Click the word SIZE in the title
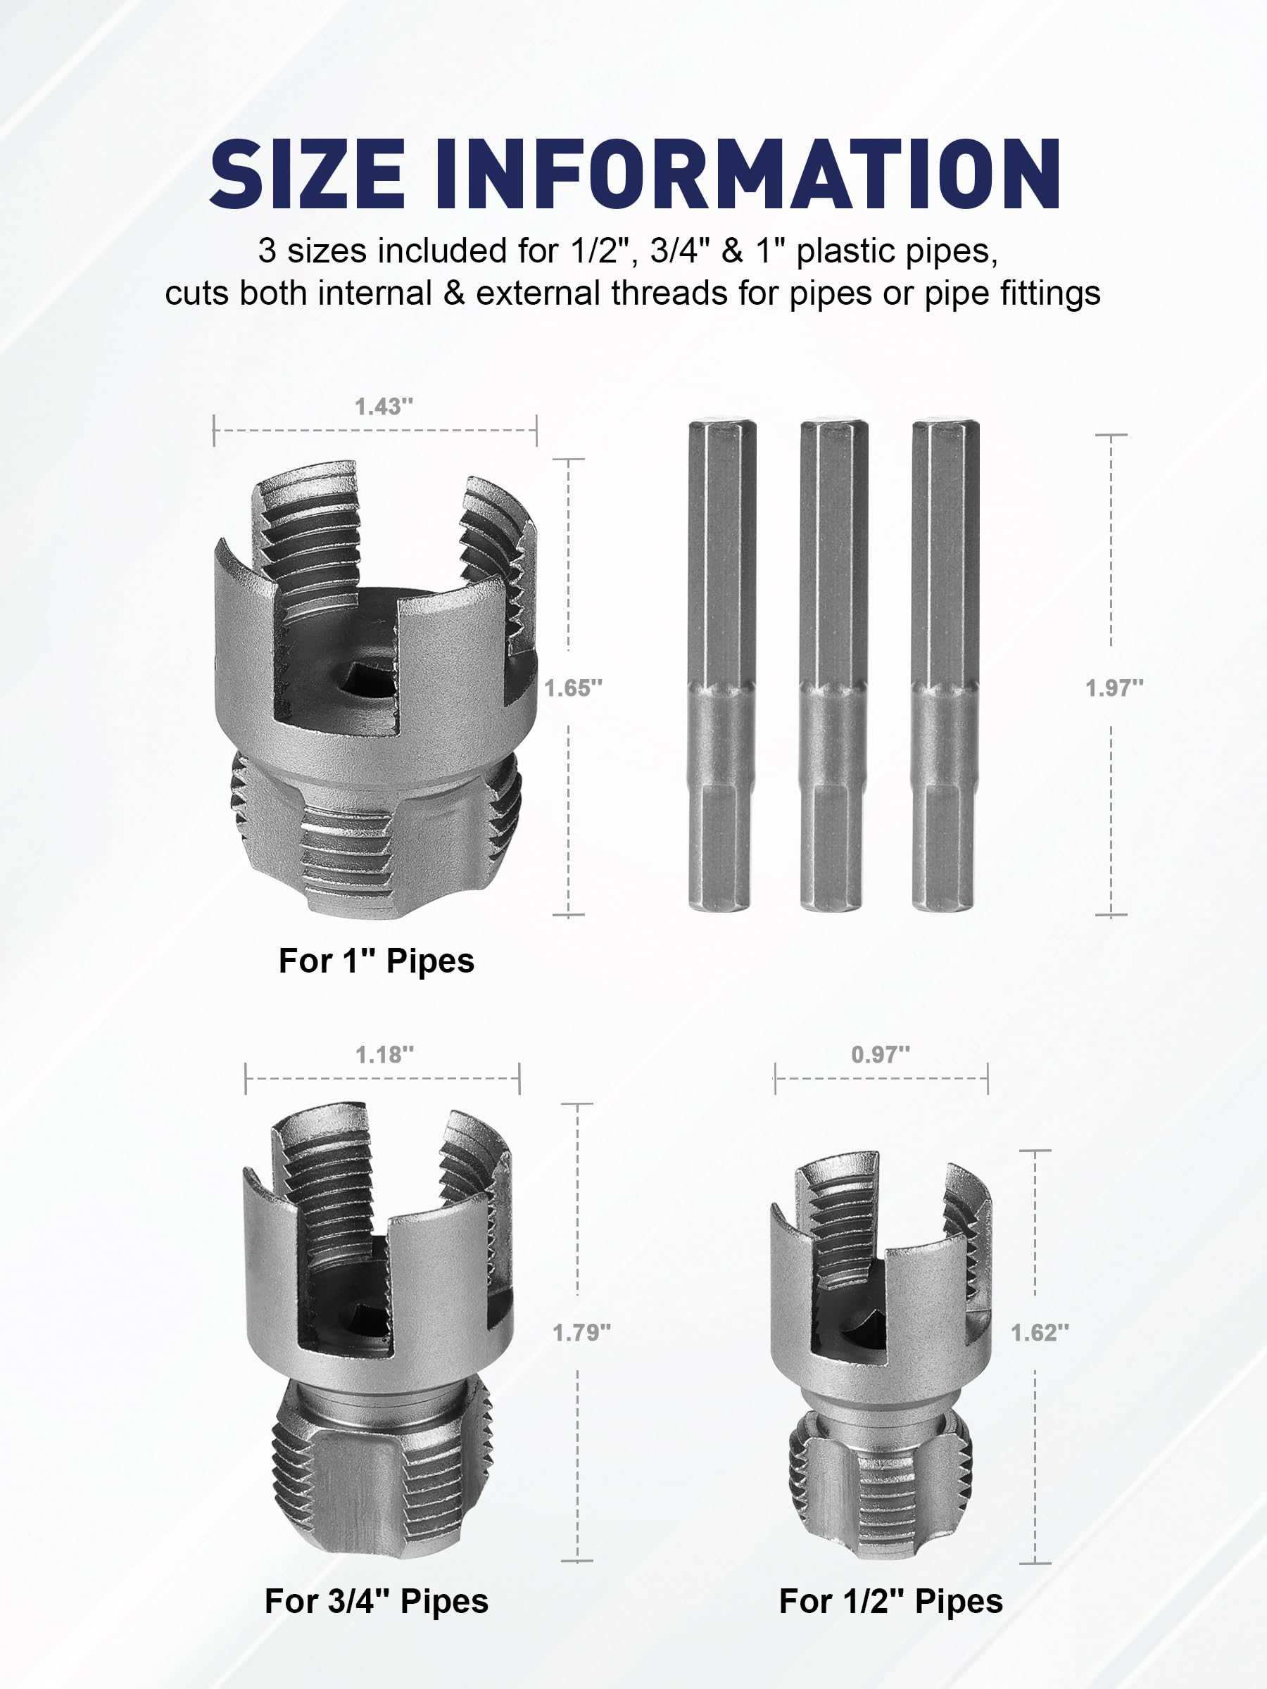tap(307, 174)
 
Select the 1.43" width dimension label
tap(384, 406)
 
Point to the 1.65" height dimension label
tap(573, 688)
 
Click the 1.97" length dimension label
tap(1114, 688)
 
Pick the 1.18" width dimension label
tap(384, 1054)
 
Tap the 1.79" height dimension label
tap(581, 1332)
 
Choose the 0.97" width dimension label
tap(881, 1054)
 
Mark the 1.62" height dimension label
tap(1040, 1332)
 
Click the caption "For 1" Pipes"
tap(377, 961)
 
